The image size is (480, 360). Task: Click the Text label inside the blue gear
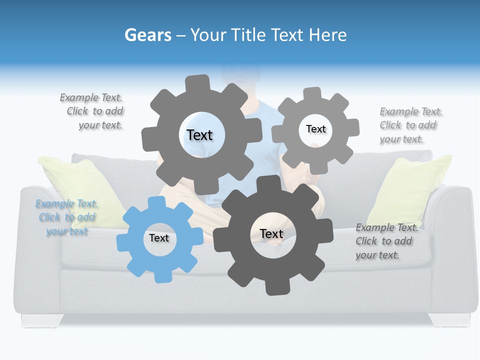click(x=159, y=238)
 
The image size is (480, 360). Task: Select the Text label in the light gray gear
click(x=315, y=129)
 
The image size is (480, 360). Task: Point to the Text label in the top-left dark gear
click(x=199, y=135)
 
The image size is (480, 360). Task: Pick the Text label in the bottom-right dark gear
click(x=271, y=233)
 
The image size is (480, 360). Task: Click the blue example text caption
click(x=66, y=217)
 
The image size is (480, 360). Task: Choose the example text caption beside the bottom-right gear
click(x=386, y=241)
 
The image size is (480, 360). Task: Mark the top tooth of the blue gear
click(x=157, y=202)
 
